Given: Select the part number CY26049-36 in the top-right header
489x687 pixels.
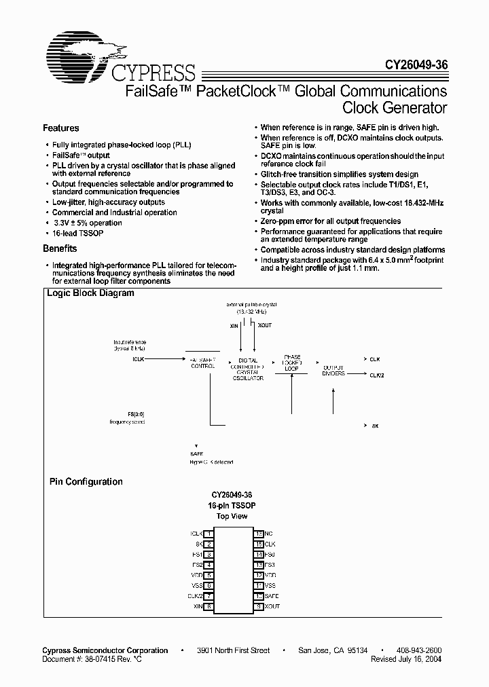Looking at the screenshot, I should click(412, 67).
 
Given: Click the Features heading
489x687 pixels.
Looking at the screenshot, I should click(61, 128).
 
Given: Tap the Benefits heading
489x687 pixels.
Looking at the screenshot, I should click(60, 248).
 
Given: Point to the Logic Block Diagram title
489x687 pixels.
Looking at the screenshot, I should click(90, 294).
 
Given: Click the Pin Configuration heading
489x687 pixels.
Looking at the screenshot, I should click(86, 482).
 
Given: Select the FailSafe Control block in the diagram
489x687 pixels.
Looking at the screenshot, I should click(202, 363).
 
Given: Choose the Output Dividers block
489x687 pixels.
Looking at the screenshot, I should click(333, 371).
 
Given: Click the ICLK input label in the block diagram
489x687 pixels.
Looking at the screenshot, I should click(138, 358).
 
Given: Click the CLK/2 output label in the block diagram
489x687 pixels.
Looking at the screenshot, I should click(378, 373).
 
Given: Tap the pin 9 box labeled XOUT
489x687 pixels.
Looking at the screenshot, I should click(259, 606).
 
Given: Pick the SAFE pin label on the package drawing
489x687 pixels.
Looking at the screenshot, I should click(272, 595).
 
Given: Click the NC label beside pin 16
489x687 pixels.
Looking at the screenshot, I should click(268, 534).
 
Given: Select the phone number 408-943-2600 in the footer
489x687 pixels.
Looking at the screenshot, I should click(420, 650).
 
